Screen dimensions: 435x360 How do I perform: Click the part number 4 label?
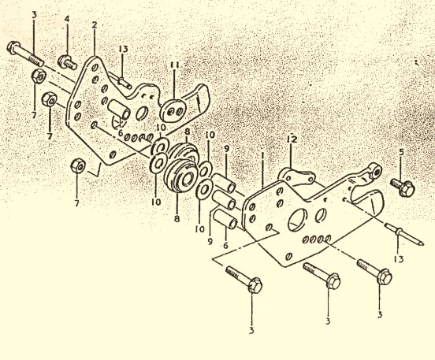pos(67,19)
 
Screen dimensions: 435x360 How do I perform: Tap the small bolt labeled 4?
pos(67,63)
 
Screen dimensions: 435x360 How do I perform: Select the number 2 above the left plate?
pos(95,25)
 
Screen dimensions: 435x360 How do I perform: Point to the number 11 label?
pos(175,65)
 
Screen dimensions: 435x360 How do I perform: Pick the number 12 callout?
pos(292,139)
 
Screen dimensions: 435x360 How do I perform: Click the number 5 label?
pos(402,152)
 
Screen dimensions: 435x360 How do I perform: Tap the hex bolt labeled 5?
pos(403,187)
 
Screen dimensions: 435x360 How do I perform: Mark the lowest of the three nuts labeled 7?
pos(78,165)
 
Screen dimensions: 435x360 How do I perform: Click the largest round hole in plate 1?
pos(298,219)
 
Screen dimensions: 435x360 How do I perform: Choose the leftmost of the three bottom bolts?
pos(244,279)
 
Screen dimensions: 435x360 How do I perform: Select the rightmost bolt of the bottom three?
pos(374,272)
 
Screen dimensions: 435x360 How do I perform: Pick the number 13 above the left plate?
pos(124,49)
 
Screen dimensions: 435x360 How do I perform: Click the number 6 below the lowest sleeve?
pos(225,245)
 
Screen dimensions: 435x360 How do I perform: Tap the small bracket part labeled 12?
pos(296,176)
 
